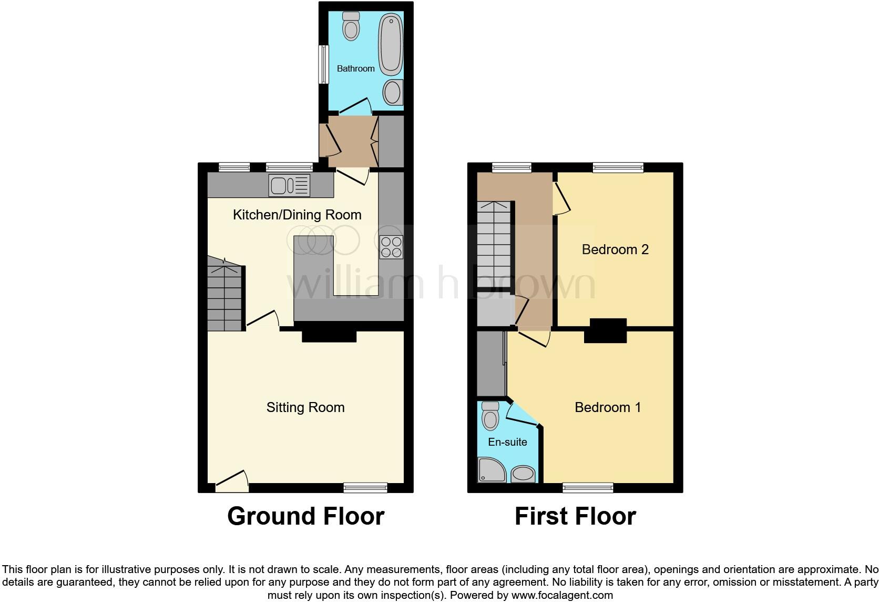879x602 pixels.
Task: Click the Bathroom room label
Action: click(x=355, y=68)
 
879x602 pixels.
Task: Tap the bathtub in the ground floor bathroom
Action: click(x=391, y=44)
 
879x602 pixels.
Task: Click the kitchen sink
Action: click(x=290, y=185)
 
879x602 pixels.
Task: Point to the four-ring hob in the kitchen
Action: click(x=391, y=247)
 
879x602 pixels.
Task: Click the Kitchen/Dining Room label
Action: click(x=297, y=215)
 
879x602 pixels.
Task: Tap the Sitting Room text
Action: click(x=305, y=407)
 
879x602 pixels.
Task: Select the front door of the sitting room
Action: click(x=232, y=481)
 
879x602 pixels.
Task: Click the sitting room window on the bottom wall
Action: click(x=365, y=487)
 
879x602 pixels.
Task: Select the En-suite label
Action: click(x=507, y=442)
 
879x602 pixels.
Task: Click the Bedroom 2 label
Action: click(x=615, y=249)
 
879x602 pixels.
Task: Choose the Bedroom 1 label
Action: click(x=608, y=407)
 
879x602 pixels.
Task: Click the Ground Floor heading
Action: click(x=305, y=516)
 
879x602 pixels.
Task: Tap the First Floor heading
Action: click(x=575, y=516)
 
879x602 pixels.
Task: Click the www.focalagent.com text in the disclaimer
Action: click(x=562, y=596)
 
